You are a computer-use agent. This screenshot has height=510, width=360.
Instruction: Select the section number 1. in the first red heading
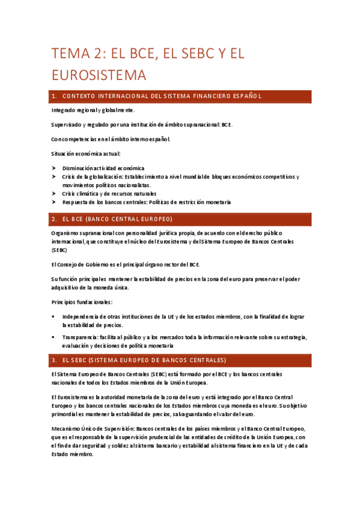(55, 97)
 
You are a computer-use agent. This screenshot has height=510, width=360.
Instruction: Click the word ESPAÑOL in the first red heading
(243, 97)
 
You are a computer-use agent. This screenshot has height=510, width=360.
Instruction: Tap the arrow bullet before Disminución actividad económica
(54, 168)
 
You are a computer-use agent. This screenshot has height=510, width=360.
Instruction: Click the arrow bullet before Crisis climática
(54, 194)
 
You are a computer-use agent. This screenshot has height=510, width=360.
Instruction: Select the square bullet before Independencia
(53, 316)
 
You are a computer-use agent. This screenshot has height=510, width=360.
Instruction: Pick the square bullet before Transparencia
(53, 337)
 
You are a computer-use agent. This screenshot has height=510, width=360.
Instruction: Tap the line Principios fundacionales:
(82, 301)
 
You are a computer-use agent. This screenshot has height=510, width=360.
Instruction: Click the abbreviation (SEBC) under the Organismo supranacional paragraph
(59, 250)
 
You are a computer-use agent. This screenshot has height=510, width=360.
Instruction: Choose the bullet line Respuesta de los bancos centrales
(147, 202)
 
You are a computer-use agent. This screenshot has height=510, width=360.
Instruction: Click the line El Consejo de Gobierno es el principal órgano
(126, 264)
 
